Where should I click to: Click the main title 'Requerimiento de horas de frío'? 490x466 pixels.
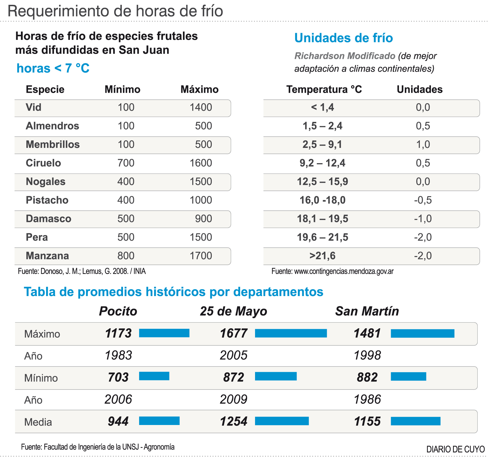coord(115,11)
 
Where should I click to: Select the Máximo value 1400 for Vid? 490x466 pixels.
coord(201,107)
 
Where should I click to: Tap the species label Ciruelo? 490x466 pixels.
coord(43,163)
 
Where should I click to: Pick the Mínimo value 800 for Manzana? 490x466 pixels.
coord(126,256)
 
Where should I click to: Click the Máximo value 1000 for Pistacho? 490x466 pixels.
coord(201,200)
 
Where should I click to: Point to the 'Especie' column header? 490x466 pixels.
coord(45,90)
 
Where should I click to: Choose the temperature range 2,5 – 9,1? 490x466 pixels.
coord(322,144)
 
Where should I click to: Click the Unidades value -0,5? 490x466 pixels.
coord(423,200)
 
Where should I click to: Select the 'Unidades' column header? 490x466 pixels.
coord(420,90)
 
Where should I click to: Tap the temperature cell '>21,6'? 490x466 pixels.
coord(322,256)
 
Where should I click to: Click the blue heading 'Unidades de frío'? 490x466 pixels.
coord(344,38)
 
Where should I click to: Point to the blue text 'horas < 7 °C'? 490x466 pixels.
coord(53,68)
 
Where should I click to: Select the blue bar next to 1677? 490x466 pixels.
coord(291,333)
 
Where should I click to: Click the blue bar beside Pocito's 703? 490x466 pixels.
coord(154,376)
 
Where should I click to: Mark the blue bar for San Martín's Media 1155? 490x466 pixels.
coord(415,421)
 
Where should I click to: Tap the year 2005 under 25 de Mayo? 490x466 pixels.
coord(234,355)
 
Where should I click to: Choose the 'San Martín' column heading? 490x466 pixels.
coord(367,311)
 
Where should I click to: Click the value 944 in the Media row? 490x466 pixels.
coord(118,422)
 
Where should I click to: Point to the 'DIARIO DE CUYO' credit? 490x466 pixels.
coord(455,449)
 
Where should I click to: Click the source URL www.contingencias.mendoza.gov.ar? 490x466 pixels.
coord(344,271)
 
